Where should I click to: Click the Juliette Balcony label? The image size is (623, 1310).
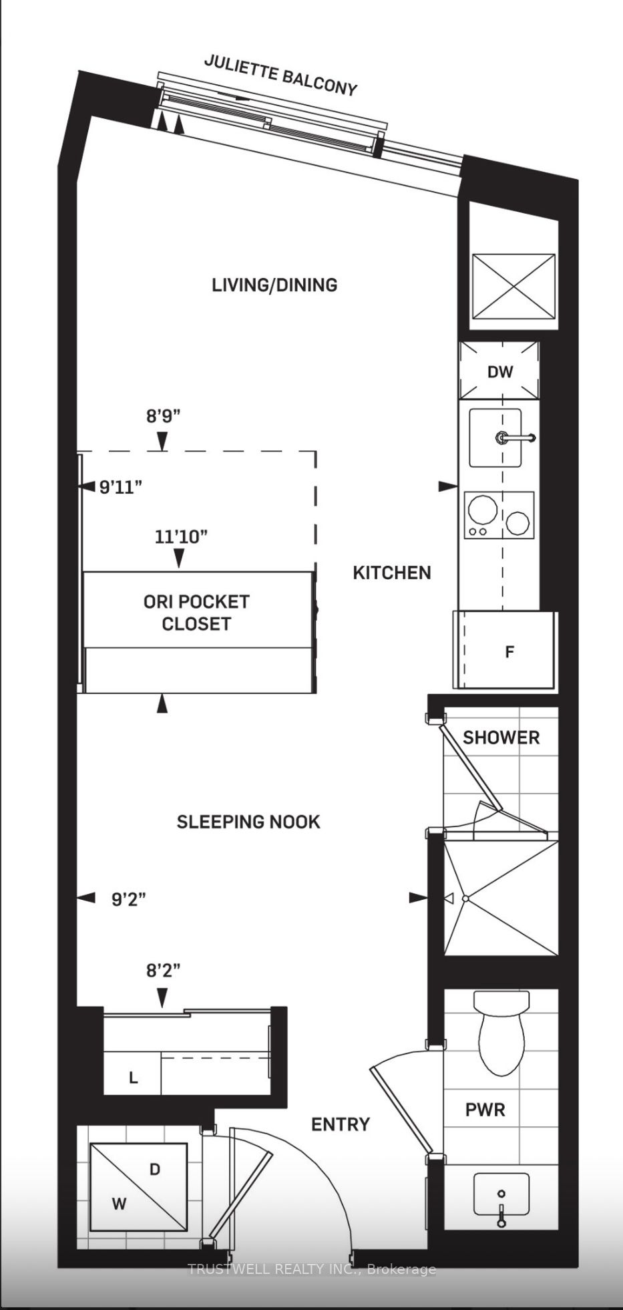point(280,75)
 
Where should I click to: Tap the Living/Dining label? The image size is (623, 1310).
point(274,285)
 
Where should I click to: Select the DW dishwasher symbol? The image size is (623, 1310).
point(499,371)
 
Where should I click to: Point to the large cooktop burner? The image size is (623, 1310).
point(482,511)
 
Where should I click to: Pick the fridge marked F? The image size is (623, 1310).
point(504,649)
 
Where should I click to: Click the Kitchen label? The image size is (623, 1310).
point(392,572)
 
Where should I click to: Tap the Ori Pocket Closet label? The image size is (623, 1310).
point(196,613)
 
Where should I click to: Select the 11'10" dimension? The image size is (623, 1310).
point(181,536)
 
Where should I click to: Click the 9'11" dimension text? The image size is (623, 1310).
point(121,487)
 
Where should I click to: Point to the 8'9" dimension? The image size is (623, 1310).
point(164,417)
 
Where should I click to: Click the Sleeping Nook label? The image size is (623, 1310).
point(248,822)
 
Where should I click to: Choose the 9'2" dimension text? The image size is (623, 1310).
point(129,899)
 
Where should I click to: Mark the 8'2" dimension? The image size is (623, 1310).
point(164,970)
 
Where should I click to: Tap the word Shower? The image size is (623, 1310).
point(501,738)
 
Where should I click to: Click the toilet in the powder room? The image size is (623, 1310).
point(501,1032)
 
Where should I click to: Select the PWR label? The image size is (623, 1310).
point(485,1110)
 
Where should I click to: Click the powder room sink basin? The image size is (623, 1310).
point(501,1195)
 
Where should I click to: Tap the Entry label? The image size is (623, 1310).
point(341,1124)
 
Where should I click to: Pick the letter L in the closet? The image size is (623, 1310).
point(134,1078)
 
